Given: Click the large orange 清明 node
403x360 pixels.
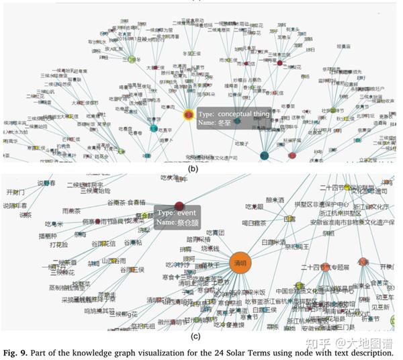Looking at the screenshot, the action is (242, 263).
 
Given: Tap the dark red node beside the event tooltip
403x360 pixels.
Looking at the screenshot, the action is (179, 207).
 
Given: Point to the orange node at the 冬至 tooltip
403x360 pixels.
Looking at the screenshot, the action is (189, 114).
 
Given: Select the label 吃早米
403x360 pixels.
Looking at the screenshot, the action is (54, 224).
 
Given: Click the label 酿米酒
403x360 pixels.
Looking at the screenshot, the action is (276, 199).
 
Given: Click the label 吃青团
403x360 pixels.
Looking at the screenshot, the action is (216, 232).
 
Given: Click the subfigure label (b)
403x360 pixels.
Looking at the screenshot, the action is (194, 169).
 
